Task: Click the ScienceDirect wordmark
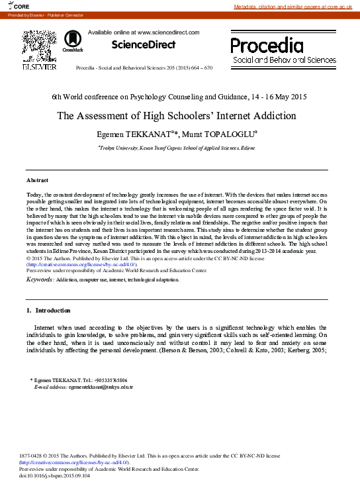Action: (x=143, y=45)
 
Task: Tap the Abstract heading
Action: (x=37, y=180)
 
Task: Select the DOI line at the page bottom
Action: (x=54, y=475)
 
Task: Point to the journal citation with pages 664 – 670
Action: (x=144, y=68)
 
